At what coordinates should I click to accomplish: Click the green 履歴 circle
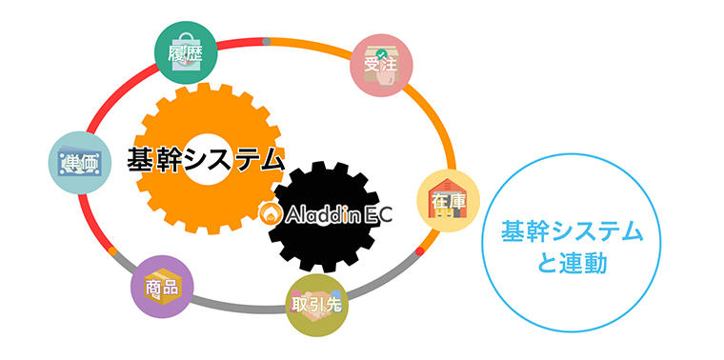(186, 52)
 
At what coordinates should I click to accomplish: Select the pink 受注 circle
(381, 65)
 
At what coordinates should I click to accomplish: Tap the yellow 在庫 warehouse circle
(449, 201)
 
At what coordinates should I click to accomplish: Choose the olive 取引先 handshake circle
(316, 305)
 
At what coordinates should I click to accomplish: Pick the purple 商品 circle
(162, 287)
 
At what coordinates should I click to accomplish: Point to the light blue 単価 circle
(80, 163)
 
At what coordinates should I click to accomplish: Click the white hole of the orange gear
(208, 160)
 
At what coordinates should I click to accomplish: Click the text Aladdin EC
(338, 214)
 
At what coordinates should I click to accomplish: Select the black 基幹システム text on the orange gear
(206, 161)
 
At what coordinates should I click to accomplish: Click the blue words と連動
(573, 265)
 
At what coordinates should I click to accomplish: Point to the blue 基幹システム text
(573, 231)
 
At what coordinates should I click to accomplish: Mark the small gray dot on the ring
(267, 42)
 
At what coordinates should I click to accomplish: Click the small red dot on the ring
(420, 251)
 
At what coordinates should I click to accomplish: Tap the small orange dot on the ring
(112, 251)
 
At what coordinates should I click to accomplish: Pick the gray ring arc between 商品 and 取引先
(239, 307)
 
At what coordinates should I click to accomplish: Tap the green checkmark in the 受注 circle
(380, 52)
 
